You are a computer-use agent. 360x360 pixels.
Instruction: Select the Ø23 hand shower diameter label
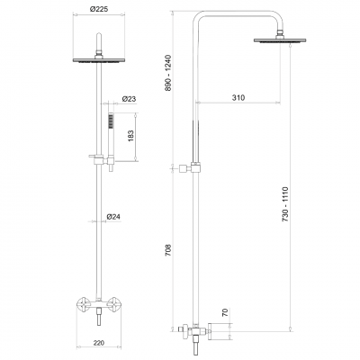(x=129, y=99)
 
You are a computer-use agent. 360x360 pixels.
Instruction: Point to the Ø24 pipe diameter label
(x=114, y=216)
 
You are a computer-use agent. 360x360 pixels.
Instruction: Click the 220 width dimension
(x=98, y=344)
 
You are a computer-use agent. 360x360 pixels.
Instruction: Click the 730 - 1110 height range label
(x=287, y=205)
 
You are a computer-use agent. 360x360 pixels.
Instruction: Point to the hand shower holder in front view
(x=100, y=159)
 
